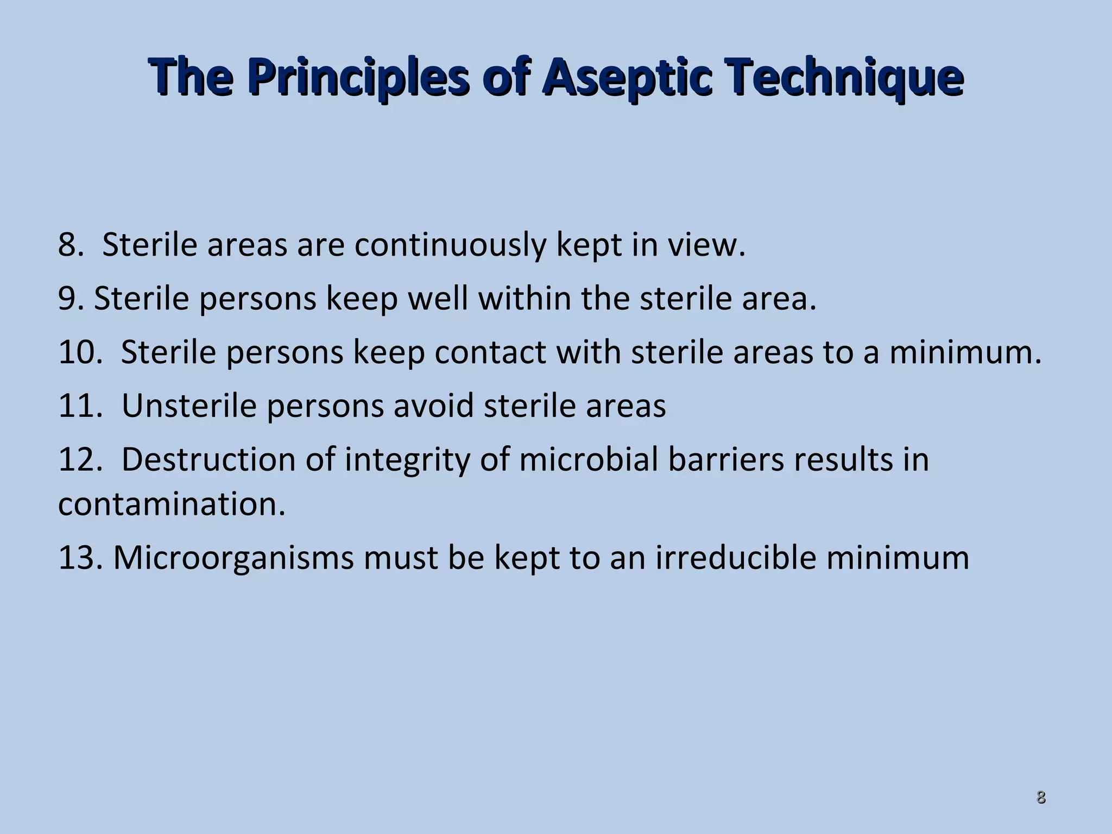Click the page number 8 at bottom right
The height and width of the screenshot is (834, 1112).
pos(1041,798)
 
